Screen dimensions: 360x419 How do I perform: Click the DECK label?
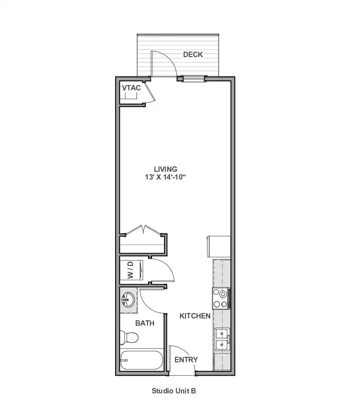[x=193, y=54]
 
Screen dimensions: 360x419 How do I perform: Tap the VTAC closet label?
[x=131, y=88]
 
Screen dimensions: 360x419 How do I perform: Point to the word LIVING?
[x=165, y=169]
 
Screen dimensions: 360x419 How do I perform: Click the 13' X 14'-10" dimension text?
[x=165, y=177]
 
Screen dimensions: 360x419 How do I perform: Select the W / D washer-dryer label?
[x=130, y=270]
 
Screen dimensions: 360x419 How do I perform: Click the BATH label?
[x=144, y=323]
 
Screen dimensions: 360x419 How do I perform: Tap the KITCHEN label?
[x=195, y=316]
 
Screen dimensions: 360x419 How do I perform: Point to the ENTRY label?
[x=186, y=360]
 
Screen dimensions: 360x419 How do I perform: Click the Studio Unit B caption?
[x=174, y=391]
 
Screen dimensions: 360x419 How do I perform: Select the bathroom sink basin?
[x=128, y=300]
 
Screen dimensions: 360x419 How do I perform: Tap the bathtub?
[x=141, y=360]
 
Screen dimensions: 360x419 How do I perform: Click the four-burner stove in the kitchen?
[x=221, y=298]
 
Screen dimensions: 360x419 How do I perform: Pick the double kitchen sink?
[x=222, y=339]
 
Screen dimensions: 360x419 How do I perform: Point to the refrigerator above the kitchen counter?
[x=219, y=246]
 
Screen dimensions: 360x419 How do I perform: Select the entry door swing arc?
[x=187, y=352]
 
